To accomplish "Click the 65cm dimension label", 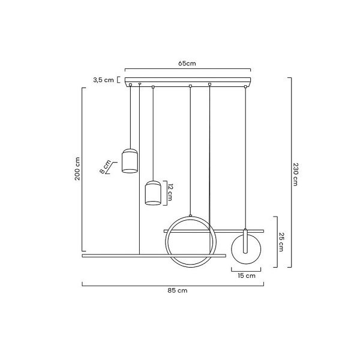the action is [187, 64].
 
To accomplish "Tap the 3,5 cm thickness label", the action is [103, 80].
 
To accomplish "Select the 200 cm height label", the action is [77, 169].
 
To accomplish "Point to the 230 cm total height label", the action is [295, 174].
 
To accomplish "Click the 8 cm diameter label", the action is [106, 167].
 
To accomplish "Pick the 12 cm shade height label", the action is [170, 193].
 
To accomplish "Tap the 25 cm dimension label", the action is [281, 242].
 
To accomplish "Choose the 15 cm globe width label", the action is [247, 275].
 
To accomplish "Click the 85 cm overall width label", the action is [177, 290].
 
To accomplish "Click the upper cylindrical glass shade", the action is [130, 161].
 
